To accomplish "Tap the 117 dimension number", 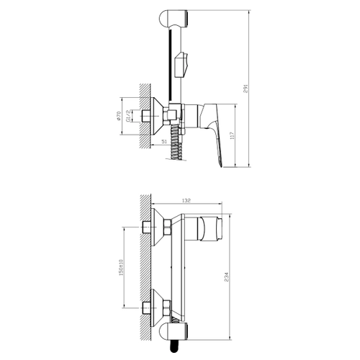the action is click(x=232, y=135).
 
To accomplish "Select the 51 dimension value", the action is click(x=163, y=142).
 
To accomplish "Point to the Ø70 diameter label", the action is click(x=118, y=116).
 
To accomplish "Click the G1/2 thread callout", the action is click(x=129, y=116).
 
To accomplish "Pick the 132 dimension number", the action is click(x=186, y=200).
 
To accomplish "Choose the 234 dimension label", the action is click(x=227, y=276).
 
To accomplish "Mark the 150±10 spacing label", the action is click(x=121, y=267).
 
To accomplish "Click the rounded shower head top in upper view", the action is click(x=174, y=18).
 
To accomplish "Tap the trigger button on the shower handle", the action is click(x=181, y=65).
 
